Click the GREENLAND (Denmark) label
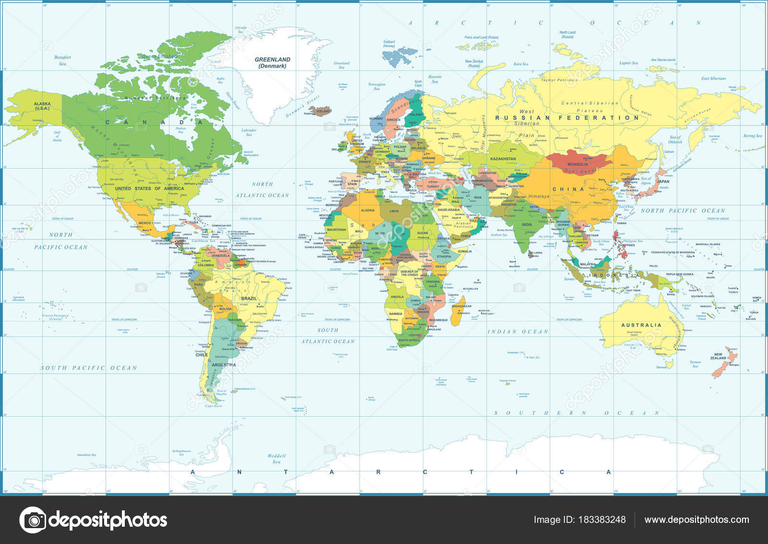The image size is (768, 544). (272, 62)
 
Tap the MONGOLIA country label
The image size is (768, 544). (577, 164)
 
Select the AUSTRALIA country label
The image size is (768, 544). (641, 325)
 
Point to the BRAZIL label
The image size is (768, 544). (249, 299)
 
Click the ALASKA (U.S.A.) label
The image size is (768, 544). (42, 106)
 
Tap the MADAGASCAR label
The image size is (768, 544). (462, 306)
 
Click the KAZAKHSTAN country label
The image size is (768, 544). (503, 159)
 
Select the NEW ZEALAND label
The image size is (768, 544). (718, 356)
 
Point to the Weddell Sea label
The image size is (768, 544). (276, 458)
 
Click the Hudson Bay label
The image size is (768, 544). (180, 130)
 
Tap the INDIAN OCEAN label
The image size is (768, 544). (518, 332)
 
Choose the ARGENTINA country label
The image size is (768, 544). (224, 365)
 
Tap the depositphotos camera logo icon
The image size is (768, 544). (33, 520)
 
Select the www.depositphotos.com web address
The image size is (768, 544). (696, 519)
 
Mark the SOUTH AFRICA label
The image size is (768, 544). (409, 340)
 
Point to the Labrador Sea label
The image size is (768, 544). (249, 132)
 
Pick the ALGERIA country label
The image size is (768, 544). (367, 210)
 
